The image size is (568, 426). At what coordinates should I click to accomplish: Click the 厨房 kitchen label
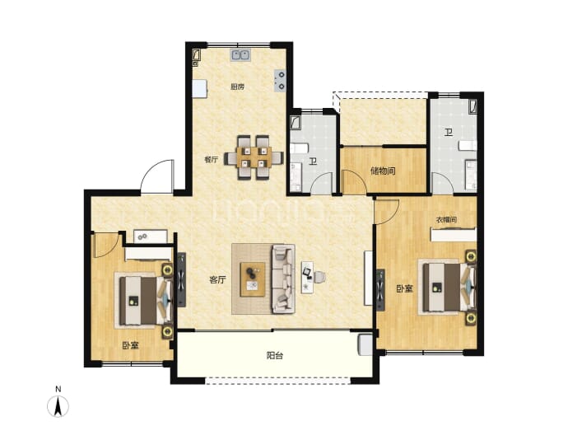[238, 87]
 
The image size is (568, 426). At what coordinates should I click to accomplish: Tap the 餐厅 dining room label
[212, 160]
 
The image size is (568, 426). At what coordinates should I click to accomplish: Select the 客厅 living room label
[217, 280]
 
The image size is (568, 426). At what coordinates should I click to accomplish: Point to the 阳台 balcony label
[275, 356]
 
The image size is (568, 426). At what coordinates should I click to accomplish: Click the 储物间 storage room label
[383, 171]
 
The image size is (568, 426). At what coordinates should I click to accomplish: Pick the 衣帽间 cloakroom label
[446, 220]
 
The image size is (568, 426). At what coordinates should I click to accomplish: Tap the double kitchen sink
[240, 54]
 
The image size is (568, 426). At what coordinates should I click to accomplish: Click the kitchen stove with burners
[280, 80]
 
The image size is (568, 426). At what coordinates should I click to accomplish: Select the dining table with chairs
[254, 157]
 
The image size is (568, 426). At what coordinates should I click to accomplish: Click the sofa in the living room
[284, 279]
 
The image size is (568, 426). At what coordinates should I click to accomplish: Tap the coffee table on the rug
[253, 279]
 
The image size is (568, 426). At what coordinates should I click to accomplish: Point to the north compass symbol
[58, 406]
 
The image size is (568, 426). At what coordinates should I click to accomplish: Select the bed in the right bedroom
[448, 287]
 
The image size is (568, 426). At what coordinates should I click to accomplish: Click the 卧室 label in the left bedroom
[130, 345]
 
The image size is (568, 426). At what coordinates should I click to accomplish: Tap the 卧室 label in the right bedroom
[405, 288]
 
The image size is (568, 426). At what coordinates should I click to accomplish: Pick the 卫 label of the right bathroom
[449, 133]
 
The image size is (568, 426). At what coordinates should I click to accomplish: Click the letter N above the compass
[58, 389]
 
